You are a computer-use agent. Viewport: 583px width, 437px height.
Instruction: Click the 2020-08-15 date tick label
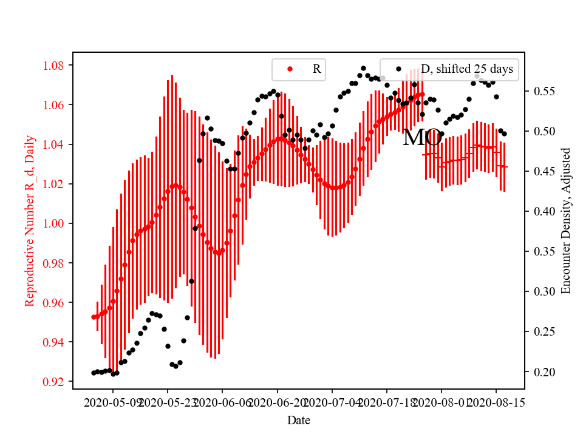click(x=496, y=402)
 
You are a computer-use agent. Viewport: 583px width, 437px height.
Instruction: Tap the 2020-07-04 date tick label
click(x=332, y=402)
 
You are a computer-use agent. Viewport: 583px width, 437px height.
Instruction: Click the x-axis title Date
click(x=299, y=420)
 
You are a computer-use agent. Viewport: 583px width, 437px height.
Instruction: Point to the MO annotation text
click(x=422, y=138)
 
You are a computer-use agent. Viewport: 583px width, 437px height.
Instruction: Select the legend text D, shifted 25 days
click(x=467, y=69)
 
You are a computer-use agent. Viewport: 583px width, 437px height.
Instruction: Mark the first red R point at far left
click(x=94, y=317)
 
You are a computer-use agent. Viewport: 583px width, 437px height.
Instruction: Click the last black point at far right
click(x=504, y=134)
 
